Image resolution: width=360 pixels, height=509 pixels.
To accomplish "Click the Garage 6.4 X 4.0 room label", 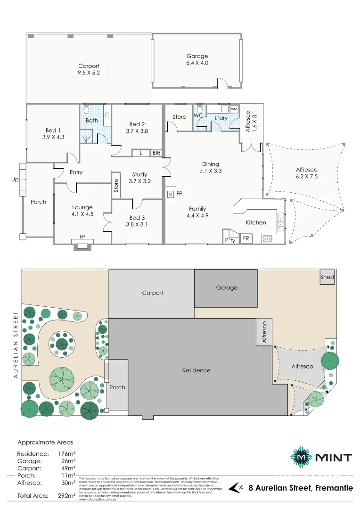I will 197,59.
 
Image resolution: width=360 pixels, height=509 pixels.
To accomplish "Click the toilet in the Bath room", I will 86,109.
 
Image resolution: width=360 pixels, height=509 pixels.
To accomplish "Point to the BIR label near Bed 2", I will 156,153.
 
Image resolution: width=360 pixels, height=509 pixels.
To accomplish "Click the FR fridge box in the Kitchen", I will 245,239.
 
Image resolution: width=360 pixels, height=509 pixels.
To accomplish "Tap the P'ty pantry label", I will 230,240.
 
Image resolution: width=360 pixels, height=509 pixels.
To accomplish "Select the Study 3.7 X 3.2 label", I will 139,178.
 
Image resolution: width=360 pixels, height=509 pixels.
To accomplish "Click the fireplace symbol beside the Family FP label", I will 170,194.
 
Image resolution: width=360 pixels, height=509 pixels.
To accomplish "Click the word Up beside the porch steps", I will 14,180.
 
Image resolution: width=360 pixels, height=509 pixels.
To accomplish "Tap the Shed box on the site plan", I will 327,277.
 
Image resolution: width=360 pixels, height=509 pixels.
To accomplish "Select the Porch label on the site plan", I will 117,387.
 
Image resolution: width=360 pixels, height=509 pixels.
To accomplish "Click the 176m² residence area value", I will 67,454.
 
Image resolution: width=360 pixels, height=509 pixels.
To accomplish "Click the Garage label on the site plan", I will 227,287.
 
